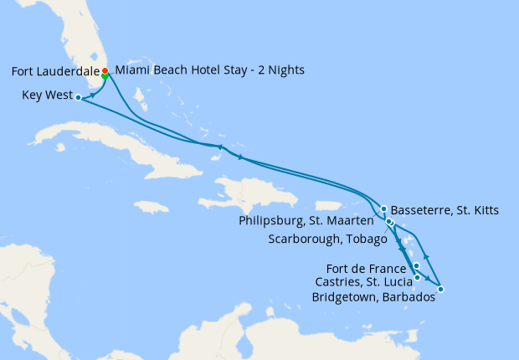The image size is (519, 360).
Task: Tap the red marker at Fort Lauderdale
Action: (x=105, y=70)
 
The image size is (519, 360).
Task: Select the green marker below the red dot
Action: (x=105, y=76)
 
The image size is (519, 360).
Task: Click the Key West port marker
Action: (x=78, y=97)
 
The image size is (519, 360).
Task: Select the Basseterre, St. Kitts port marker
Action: (x=383, y=209)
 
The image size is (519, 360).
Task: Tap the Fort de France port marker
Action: (x=416, y=265)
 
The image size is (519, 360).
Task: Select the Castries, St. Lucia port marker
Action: (x=417, y=277)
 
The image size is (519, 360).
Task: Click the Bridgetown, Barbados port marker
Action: (x=440, y=290)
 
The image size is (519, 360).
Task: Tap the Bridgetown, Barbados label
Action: (x=373, y=297)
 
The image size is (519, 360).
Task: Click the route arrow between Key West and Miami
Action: (x=91, y=95)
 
